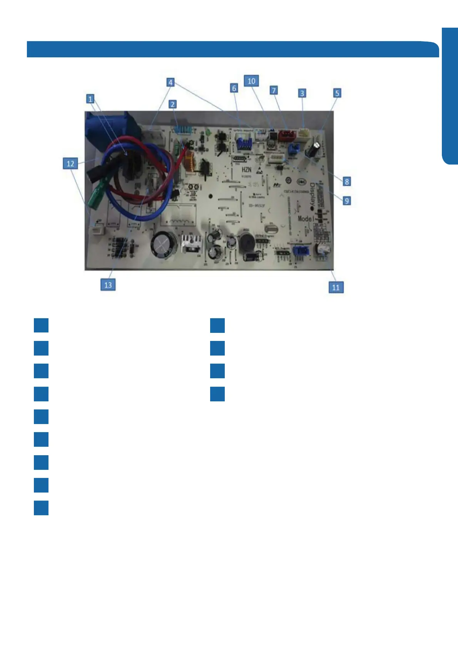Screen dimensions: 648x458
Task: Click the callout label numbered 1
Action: [x=90, y=99]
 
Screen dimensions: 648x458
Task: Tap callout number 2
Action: [x=173, y=104]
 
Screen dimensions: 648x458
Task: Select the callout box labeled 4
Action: [x=170, y=82]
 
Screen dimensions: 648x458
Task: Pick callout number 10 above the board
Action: [x=251, y=81]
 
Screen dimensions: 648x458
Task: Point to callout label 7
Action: [x=274, y=90]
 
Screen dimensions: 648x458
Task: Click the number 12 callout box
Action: [x=70, y=164]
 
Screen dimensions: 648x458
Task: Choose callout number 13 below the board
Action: [x=108, y=285]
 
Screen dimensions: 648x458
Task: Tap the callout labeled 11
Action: [x=336, y=287]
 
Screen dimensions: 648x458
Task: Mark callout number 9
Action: [x=347, y=200]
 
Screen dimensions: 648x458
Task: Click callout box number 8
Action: [x=347, y=181]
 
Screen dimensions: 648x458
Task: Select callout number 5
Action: [x=337, y=93]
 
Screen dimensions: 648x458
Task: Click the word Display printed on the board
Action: [x=313, y=196]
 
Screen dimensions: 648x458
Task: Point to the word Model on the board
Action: [x=306, y=219]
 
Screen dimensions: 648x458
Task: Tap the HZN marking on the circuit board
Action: [x=246, y=170]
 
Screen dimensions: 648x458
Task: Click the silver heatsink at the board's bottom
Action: [x=192, y=244]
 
